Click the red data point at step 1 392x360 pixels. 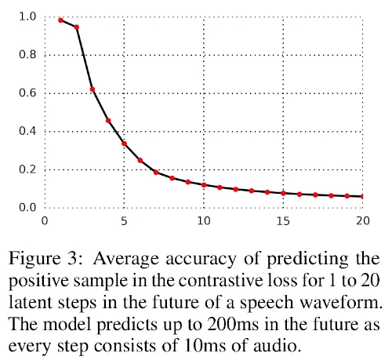(x=61, y=20)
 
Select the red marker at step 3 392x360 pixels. (x=93, y=89)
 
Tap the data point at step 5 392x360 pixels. (x=124, y=144)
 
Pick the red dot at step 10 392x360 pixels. (x=204, y=185)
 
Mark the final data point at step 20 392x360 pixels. (x=362, y=196)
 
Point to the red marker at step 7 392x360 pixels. (x=156, y=173)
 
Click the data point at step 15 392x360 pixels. (x=283, y=193)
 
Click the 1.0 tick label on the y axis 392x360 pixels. (x=27, y=16)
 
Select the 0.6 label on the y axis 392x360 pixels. (x=27, y=93)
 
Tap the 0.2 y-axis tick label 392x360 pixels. (x=27, y=169)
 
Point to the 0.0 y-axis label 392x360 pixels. (x=27, y=208)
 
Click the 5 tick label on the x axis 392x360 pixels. (x=124, y=221)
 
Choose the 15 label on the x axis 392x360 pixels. (x=283, y=221)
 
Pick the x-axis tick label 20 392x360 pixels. (x=363, y=221)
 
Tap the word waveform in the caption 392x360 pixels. (x=340, y=303)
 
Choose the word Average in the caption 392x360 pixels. (x=125, y=260)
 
